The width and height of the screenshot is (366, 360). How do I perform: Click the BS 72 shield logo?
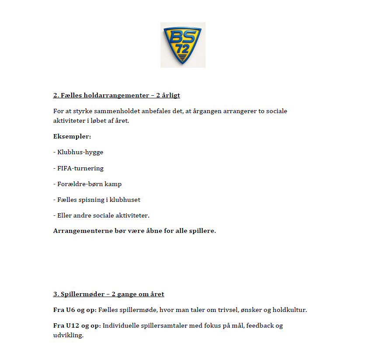click(x=183, y=45)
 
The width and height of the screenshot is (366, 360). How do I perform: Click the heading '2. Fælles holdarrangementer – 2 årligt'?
click(x=116, y=95)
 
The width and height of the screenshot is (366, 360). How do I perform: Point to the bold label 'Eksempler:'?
click(x=72, y=136)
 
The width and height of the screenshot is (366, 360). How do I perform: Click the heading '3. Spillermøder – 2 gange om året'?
click(x=108, y=294)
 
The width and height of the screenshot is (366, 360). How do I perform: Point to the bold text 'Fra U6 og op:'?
click(x=75, y=310)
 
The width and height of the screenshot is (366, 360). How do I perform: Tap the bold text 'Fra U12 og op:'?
click(x=77, y=325)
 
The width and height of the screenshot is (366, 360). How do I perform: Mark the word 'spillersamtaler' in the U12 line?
click(x=162, y=325)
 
